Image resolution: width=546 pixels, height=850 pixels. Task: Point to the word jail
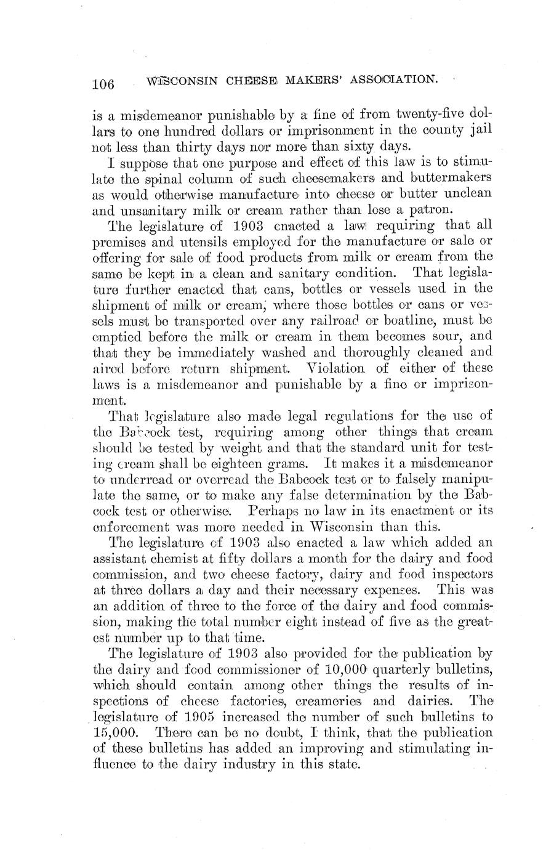479,130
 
